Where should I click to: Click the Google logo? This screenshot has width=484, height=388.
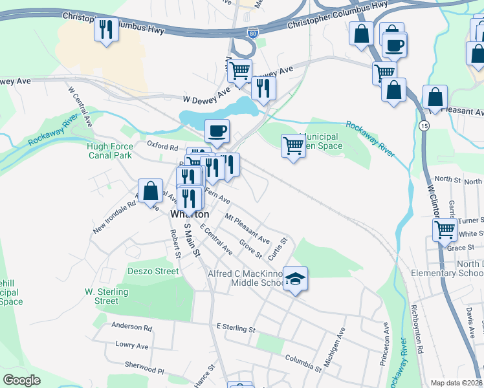[21, 380]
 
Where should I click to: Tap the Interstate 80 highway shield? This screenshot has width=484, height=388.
[251, 32]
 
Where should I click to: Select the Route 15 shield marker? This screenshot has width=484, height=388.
[423, 125]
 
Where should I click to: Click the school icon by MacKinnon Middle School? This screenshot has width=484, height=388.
[295, 279]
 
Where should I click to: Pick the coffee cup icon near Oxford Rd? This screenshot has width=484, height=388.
[217, 131]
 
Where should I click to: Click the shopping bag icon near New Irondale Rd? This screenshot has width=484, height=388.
[151, 191]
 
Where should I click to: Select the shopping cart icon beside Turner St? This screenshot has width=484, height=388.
[445, 230]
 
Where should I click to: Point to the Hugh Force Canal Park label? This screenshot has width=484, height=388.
[109, 151]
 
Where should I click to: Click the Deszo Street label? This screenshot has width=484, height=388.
[153, 271]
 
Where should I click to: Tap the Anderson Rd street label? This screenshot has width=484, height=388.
[131, 327]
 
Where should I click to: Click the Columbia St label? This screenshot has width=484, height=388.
[303, 363]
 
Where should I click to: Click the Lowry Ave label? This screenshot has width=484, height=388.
[132, 346]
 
